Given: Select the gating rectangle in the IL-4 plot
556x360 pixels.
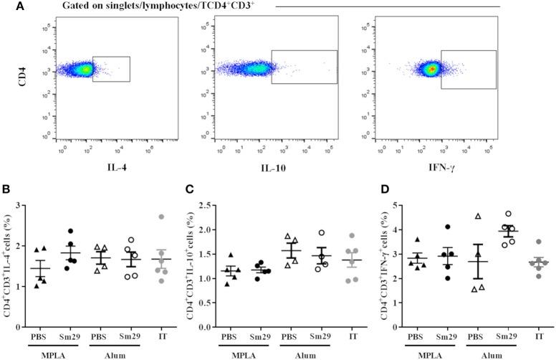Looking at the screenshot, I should point(111,69).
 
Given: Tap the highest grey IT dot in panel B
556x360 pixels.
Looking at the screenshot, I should point(161,217).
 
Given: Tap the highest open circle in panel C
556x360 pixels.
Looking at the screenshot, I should point(322,233).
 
